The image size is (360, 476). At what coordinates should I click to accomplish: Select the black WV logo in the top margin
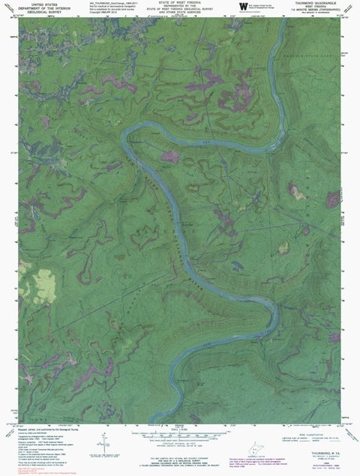coord(242,7)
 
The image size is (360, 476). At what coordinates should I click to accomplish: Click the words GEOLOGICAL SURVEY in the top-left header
coord(34,14)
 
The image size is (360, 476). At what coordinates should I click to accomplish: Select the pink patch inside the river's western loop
coord(170,156)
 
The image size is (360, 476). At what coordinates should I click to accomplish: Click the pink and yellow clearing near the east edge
coord(298,193)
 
